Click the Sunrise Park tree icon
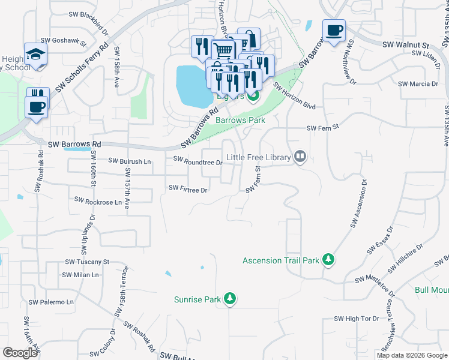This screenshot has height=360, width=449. coord(229,299)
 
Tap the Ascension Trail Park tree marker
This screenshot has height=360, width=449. coord(328,260)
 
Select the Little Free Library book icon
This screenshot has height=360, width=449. coord(300,158)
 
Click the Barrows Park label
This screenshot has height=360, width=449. coord(240,120)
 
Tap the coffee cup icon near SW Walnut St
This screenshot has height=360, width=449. coord(334,29)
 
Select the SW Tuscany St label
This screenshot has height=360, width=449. coord(87,262)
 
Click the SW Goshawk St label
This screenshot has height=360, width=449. coord(70,43)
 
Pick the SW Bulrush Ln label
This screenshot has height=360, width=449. coord(130,161)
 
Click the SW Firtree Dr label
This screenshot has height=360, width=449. coord(188,189)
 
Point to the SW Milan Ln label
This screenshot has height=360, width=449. coord(80,275)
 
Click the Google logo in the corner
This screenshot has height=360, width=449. coord(20,353)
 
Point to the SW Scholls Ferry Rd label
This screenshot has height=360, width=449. coord(82,67)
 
